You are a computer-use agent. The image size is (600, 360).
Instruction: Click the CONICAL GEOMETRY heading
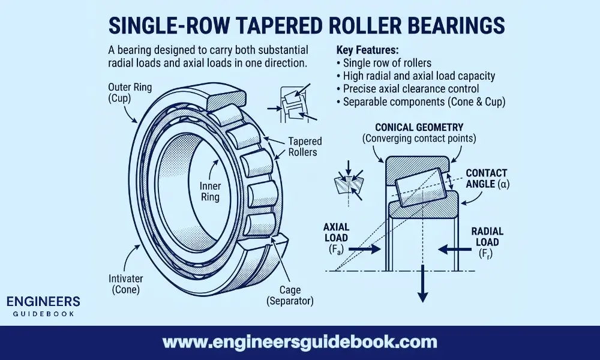419,127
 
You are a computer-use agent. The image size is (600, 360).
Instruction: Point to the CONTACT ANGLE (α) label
487,178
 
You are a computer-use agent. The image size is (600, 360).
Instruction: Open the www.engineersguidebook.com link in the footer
299,343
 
